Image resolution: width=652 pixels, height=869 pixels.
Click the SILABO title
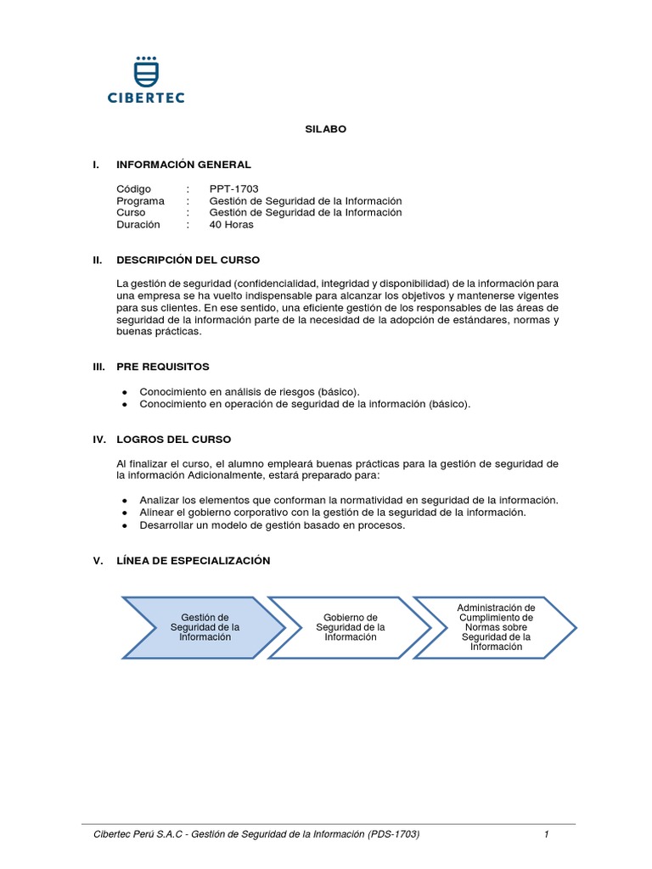(326, 129)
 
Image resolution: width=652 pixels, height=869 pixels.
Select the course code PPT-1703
(233, 188)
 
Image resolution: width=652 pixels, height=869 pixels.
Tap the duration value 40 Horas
(231, 224)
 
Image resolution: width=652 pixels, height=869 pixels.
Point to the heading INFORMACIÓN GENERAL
(183, 165)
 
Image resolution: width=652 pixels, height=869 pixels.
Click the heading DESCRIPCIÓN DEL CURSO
(188, 260)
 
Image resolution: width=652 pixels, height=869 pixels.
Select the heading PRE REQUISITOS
(162, 367)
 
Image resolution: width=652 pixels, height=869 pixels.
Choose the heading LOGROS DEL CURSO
(173, 440)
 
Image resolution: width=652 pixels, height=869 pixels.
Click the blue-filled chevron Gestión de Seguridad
(205, 627)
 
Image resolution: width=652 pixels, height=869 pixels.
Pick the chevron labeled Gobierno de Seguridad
(351, 627)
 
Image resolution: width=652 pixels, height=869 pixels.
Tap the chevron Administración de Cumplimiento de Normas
(496, 627)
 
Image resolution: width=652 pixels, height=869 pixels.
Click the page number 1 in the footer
(548, 834)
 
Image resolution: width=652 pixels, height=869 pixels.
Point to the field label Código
(133, 188)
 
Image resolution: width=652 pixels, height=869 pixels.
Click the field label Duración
(139, 224)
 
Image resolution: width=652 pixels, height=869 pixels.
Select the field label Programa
(141, 200)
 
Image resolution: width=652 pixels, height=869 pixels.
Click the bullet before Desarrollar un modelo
(125, 525)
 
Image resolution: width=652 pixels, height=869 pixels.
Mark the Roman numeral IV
(98, 440)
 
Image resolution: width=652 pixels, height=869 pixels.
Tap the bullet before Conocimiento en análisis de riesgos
(125, 392)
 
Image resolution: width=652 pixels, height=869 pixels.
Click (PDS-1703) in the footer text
(394, 834)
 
